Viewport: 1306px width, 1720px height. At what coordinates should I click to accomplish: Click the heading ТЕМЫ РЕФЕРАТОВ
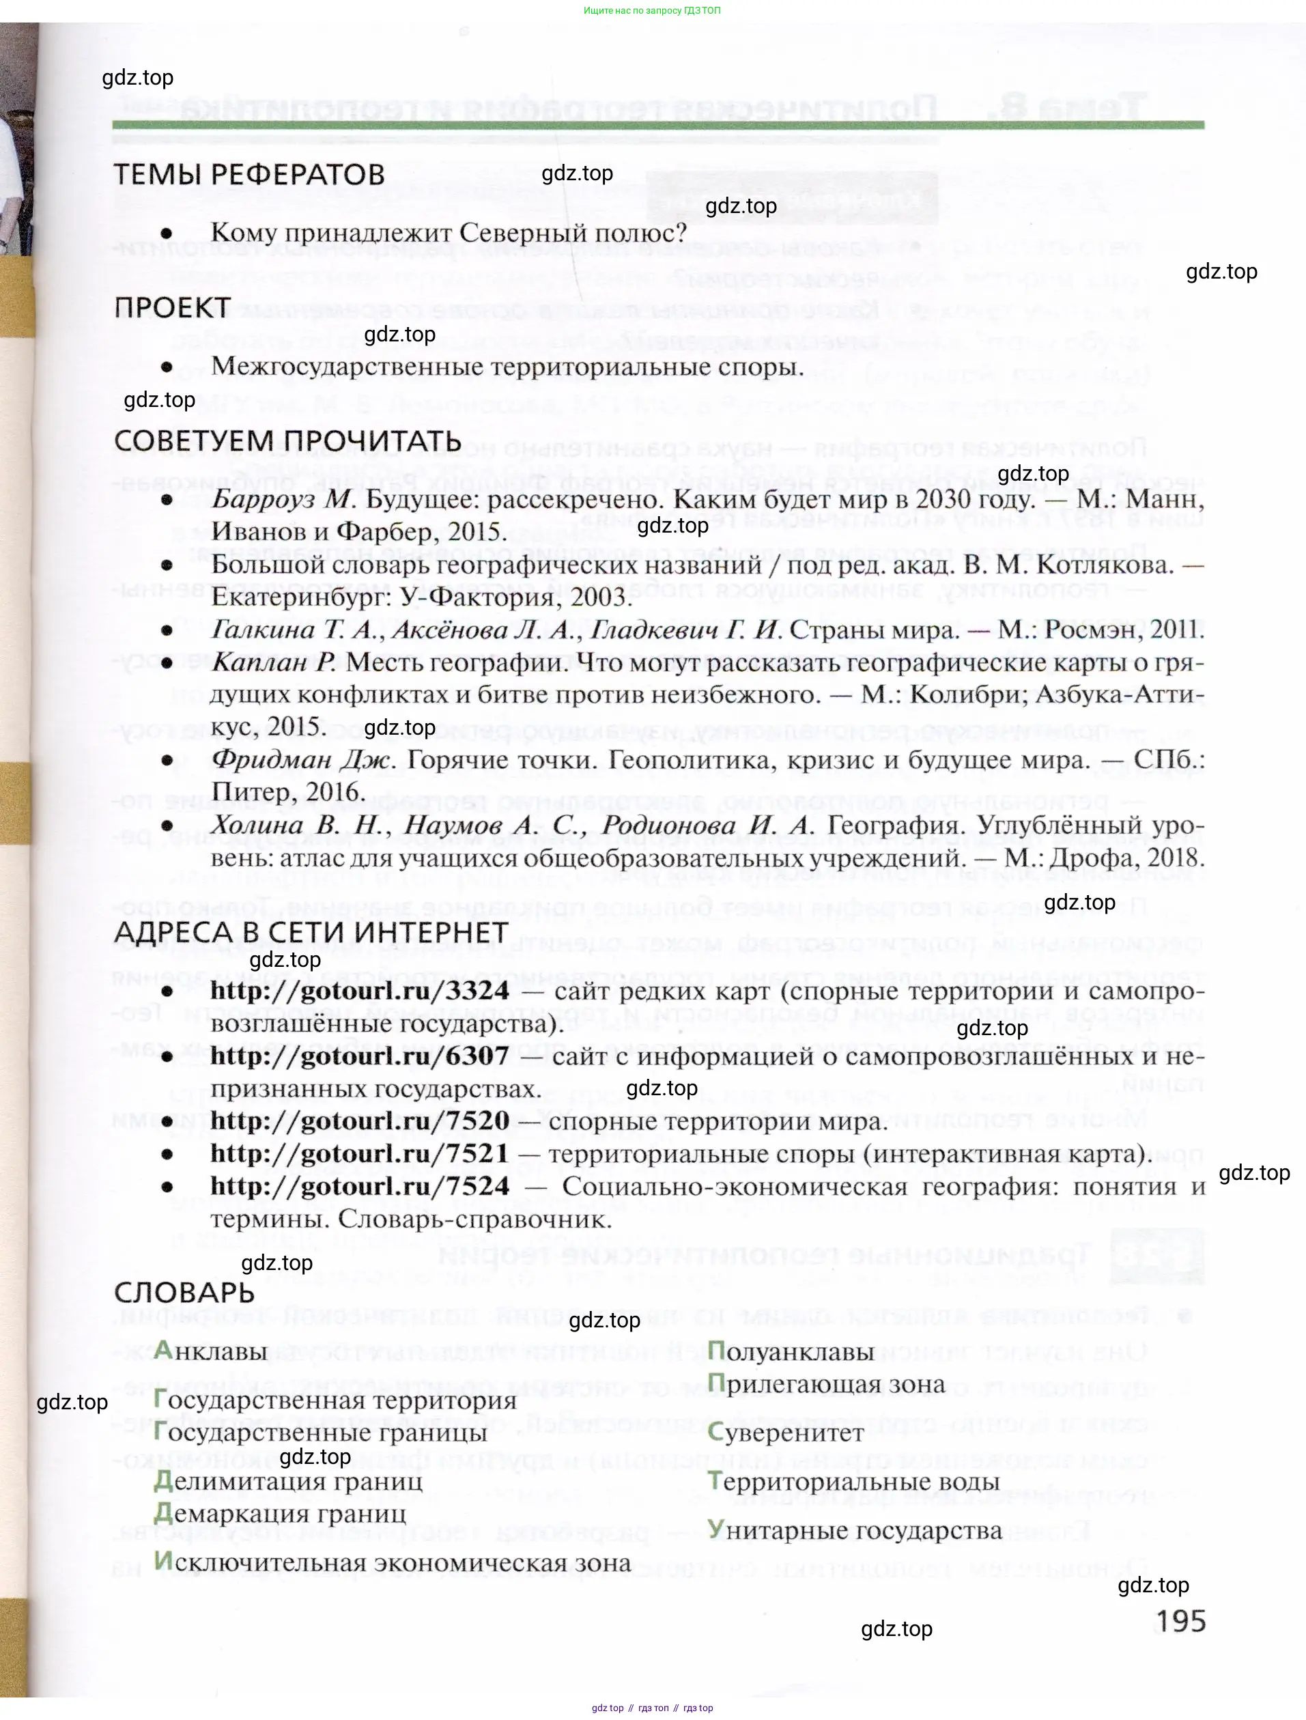point(249,174)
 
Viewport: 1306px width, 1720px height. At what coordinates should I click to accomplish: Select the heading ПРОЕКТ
point(172,308)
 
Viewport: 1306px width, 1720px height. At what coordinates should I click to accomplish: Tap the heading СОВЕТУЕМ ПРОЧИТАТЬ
point(287,441)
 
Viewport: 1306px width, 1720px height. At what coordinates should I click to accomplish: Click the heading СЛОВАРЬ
point(184,1293)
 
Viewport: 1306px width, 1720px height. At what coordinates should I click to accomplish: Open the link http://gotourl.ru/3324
point(360,991)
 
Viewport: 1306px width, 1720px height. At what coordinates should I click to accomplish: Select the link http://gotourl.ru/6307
point(360,1056)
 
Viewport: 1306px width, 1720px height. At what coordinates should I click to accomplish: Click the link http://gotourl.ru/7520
point(360,1120)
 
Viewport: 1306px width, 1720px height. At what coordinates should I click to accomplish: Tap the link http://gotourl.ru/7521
point(360,1153)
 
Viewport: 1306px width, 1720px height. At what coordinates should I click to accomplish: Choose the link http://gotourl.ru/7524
point(360,1186)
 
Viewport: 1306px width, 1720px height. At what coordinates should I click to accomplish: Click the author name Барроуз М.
point(283,500)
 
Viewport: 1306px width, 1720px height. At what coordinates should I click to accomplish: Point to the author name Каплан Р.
point(274,662)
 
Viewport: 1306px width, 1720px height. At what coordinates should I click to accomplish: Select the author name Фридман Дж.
point(304,760)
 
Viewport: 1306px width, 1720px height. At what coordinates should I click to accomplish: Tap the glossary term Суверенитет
point(786,1433)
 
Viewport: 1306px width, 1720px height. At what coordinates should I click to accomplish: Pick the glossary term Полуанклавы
point(791,1351)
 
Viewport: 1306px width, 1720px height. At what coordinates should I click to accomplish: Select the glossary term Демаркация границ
point(280,1513)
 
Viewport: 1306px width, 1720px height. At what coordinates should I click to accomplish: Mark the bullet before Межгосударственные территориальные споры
point(167,367)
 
